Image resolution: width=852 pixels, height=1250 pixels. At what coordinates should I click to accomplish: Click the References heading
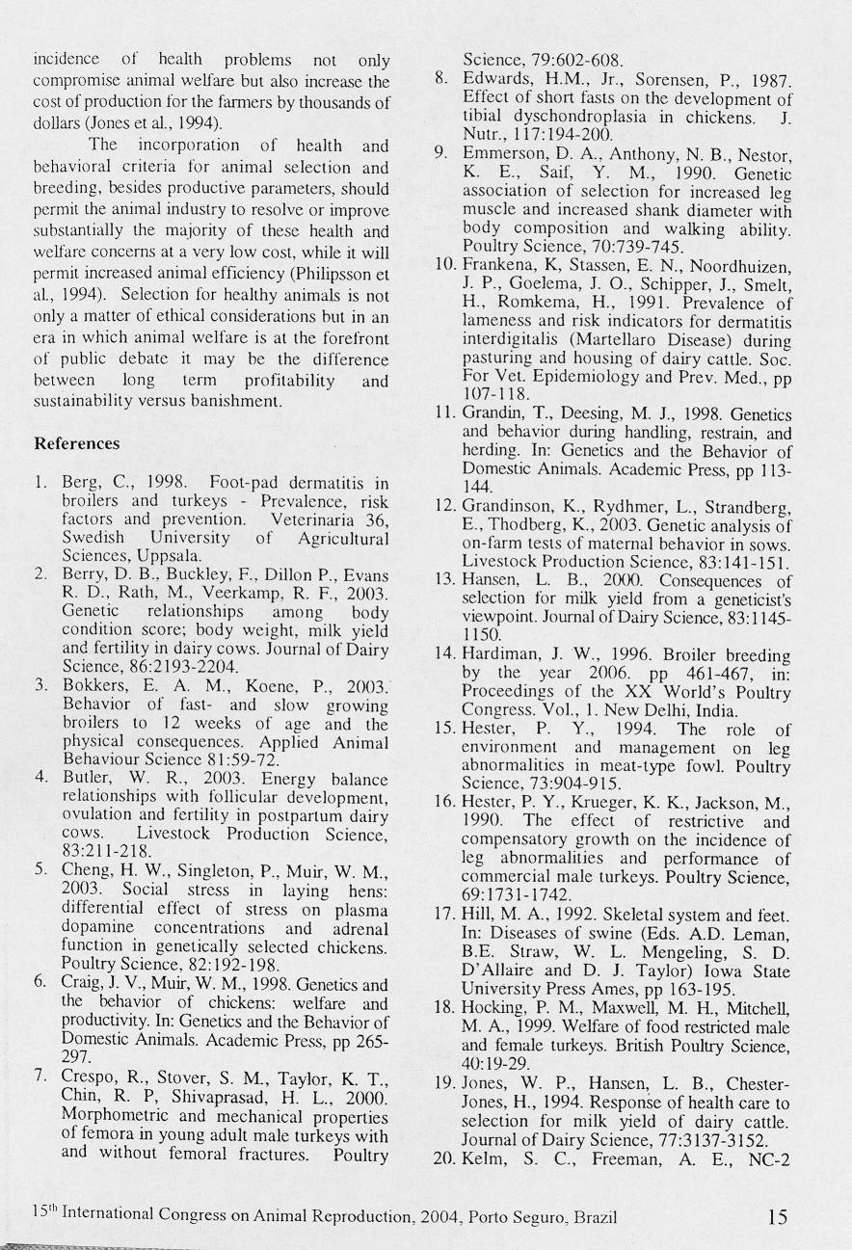77,444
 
